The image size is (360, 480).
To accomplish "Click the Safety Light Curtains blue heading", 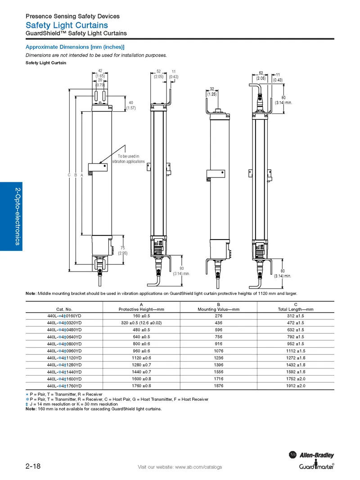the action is pos(67,25).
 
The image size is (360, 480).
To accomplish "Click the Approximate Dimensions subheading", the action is pos(75,47).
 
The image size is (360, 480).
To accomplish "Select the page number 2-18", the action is pos(33,466).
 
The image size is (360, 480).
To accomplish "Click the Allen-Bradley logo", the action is pos(311,455).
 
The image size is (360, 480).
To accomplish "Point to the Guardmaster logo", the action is pos(316,466).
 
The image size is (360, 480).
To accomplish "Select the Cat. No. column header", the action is pos(64,309).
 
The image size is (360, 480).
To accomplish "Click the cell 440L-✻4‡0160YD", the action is pos(64,316).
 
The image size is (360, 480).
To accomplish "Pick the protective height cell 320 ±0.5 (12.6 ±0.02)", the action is pos(141,323).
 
